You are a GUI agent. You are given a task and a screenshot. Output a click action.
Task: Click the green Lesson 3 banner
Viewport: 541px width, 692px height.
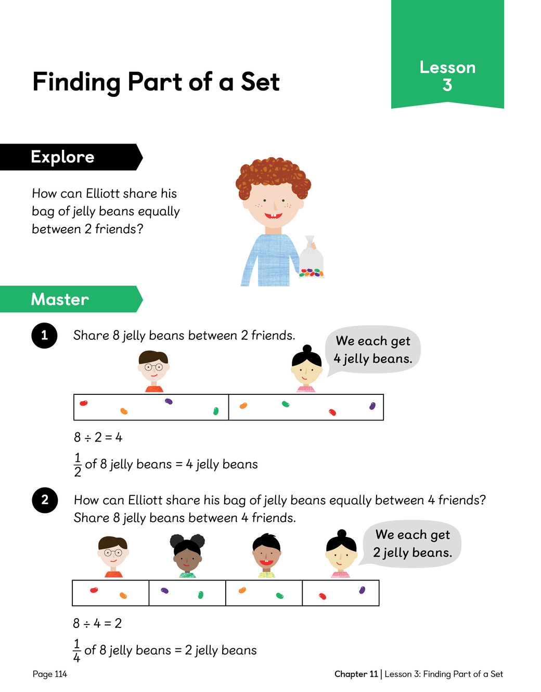click(447, 54)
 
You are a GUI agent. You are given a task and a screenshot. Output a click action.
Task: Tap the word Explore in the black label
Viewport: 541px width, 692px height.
click(63, 157)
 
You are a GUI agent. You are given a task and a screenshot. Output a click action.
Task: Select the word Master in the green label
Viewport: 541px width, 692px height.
click(60, 299)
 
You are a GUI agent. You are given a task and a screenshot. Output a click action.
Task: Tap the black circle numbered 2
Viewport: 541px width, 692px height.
click(45, 500)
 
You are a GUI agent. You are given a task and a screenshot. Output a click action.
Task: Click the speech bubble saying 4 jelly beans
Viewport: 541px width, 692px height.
click(373, 350)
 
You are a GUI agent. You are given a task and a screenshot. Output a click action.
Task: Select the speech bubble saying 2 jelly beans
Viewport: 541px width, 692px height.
click(412, 544)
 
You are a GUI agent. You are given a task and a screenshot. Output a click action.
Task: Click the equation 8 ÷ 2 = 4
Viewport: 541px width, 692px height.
click(98, 438)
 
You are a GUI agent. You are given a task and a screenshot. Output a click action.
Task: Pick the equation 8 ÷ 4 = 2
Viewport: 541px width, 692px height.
click(97, 623)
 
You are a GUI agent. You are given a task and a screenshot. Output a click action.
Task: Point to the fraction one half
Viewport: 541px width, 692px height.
click(78, 465)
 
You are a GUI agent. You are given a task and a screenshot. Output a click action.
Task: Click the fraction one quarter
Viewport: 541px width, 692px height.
click(76, 650)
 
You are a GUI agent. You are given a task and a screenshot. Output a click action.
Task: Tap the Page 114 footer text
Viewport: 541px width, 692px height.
click(50, 674)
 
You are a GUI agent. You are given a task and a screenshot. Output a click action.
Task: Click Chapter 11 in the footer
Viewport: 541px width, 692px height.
click(356, 674)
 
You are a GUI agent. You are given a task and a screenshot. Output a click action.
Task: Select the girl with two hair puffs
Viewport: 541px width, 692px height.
click(187, 555)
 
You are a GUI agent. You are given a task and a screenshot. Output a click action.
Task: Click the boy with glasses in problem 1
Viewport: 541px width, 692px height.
click(153, 371)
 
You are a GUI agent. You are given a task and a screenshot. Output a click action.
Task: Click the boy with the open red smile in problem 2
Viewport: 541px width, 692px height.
click(266, 555)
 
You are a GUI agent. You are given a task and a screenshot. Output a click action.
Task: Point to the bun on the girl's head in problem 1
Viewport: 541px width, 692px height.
click(307, 349)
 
